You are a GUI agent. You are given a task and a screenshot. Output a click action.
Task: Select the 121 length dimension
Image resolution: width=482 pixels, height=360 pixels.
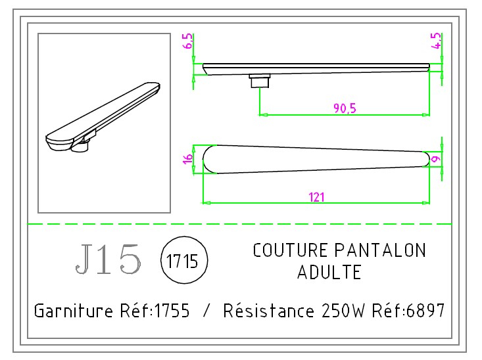[316, 196]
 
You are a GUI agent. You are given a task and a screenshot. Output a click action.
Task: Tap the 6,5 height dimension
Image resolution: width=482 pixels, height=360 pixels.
[189, 43]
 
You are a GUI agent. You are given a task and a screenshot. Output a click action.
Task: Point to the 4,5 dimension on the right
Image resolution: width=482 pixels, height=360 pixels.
[435, 42]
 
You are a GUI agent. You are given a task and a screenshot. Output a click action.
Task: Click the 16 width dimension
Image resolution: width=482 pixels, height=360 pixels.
[188, 158]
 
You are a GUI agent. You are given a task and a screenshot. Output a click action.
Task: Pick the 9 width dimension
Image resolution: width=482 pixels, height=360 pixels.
[435, 158]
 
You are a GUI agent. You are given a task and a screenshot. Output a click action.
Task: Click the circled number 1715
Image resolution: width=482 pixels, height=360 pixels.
[183, 260]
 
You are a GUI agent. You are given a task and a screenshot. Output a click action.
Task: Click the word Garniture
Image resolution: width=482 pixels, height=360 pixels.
[72, 310]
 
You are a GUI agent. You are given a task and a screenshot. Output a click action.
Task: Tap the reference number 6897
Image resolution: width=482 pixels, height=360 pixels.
[427, 310]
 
